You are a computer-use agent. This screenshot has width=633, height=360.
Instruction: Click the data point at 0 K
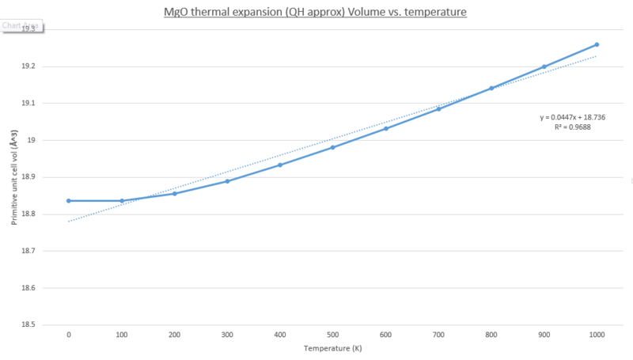point(69,201)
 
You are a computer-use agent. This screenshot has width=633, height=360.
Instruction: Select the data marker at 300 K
point(227,181)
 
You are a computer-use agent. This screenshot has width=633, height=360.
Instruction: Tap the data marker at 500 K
point(333,147)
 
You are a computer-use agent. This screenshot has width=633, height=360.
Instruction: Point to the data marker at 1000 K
point(597,44)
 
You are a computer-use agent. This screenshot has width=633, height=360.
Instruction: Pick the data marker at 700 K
point(438,108)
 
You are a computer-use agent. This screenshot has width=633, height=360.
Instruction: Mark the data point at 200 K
point(174,194)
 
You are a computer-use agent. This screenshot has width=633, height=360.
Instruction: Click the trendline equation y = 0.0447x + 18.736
point(573,117)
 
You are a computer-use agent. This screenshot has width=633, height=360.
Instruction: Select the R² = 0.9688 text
point(573,127)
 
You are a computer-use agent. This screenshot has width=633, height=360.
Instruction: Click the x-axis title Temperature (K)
point(332,348)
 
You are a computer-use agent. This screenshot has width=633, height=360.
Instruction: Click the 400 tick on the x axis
point(280,335)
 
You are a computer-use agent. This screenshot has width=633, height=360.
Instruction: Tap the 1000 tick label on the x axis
point(597,335)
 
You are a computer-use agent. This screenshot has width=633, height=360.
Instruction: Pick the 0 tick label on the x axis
point(69,335)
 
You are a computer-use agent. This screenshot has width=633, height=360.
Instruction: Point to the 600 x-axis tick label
point(385,335)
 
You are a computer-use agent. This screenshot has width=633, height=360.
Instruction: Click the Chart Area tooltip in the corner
point(20,25)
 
